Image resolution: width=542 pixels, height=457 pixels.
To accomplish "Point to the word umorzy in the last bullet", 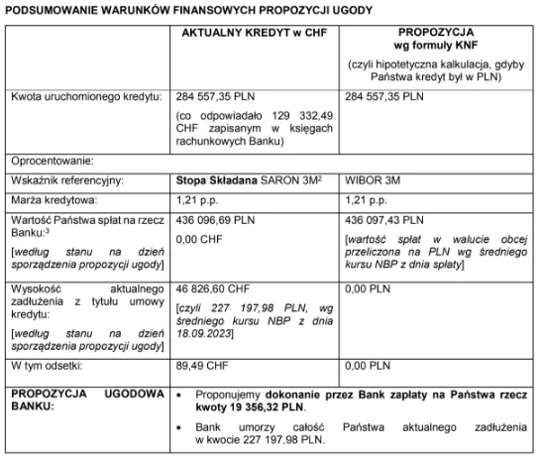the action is pos(246,426).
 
